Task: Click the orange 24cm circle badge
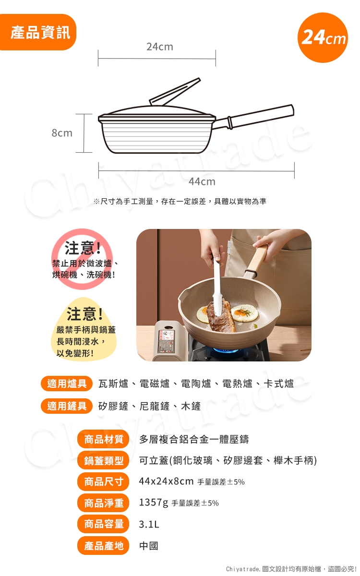[x=323, y=37]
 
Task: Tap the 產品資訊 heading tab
[x=38, y=32]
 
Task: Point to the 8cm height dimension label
[x=62, y=133]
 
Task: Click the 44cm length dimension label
[x=202, y=181]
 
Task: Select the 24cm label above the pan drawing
[x=160, y=47]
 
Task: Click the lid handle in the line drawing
[x=175, y=91]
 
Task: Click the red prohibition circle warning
[x=82, y=259]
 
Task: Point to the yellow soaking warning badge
[x=84, y=329]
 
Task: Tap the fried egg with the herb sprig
[x=244, y=312]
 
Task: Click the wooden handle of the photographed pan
[x=257, y=261]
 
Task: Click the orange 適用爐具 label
[x=67, y=384]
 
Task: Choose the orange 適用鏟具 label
[x=67, y=406]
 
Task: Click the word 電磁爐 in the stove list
[x=155, y=384]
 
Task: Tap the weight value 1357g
[x=154, y=502]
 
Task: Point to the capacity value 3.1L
[x=149, y=524]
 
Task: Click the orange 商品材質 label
[x=103, y=439]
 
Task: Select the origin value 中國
[x=149, y=546]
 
